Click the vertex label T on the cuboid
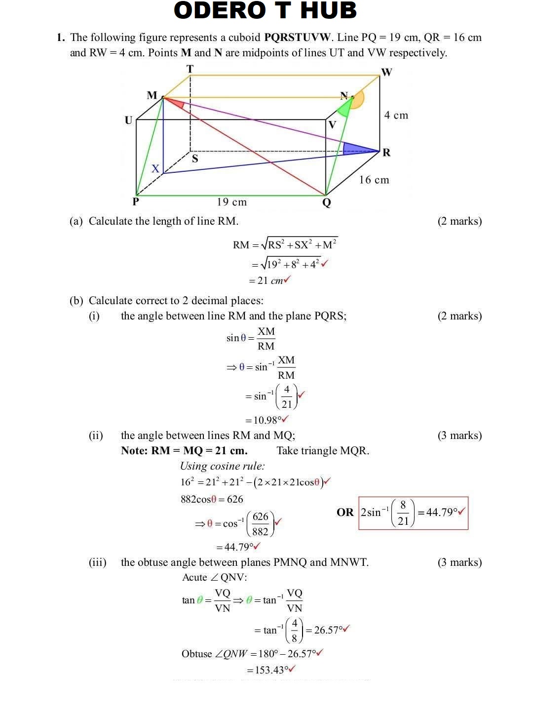190,69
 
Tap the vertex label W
386,72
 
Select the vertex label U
129,120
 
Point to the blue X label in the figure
155,168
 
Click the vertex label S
195,158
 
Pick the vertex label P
136,201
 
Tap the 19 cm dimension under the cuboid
232,202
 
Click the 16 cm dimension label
374,180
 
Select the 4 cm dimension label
396,115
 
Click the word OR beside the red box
345,512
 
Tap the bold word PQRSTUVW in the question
297,38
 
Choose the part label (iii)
98,562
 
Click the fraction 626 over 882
261,524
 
